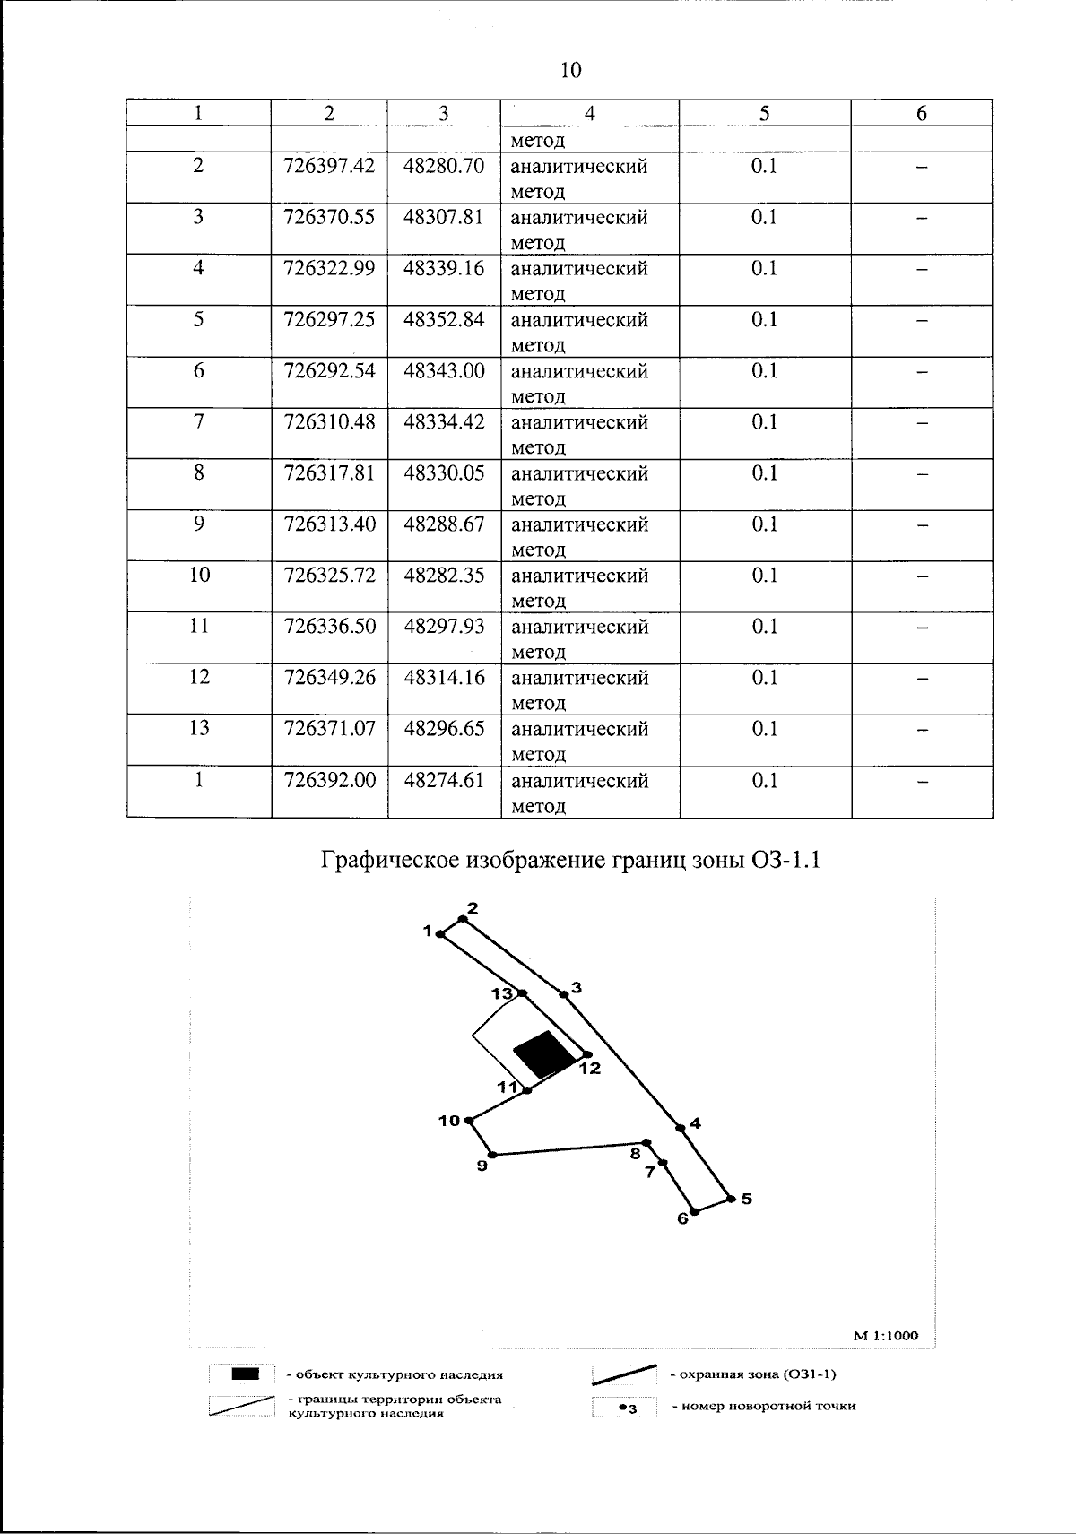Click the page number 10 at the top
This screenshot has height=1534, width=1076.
pos(571,70)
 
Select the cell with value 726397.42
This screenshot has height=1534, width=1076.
pos(329,167)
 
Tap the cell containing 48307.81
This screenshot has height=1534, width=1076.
pos(444,218)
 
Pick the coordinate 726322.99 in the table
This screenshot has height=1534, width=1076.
pos(329,269)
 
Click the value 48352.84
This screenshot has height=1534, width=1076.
pos(444,320)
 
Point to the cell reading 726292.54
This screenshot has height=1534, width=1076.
pos(329,371)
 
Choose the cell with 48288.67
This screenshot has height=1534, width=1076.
pos(444,524)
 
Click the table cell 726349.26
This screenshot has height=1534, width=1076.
pos(329,678)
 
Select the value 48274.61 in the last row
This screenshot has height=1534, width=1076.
pos(444,781)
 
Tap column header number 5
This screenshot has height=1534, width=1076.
pos(764,113)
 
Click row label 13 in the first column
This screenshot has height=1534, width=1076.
pos(199,729)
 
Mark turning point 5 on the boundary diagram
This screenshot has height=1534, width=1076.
pos(731,1198)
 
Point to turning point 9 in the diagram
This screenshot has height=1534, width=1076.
pos(492,1154)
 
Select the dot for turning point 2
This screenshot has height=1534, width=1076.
pos(463,918)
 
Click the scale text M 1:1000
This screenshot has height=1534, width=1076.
pos(885,1335)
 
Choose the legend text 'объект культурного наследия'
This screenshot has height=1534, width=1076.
pos(395,1374)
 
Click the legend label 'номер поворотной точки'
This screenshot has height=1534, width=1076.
pos(763,1406)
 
